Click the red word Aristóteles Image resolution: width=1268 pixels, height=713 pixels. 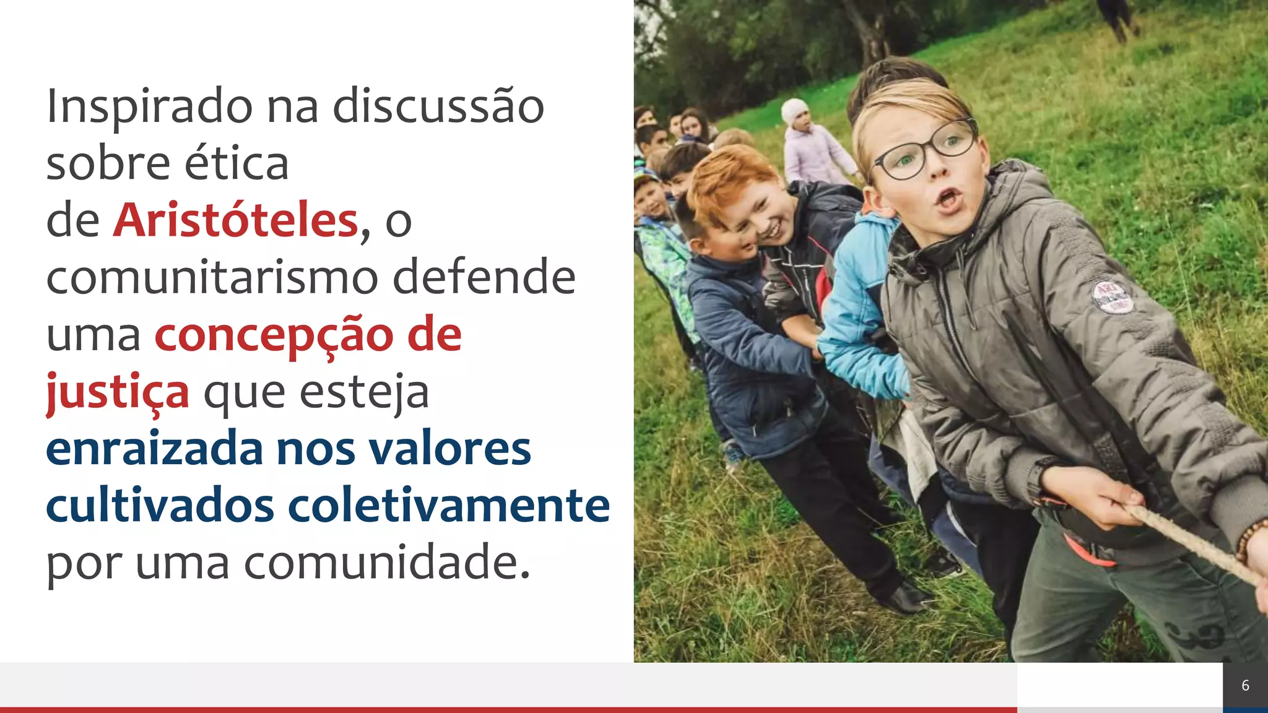(236, 220)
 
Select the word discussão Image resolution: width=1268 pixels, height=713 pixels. (438, 106)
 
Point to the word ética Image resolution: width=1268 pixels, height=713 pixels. (237, 163)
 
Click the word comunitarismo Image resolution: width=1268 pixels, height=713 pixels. (212, 278)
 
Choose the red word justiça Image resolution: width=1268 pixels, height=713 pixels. (118, 392)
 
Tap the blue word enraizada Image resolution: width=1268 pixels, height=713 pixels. (155, 449)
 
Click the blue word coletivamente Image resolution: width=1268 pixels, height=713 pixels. (449, 506)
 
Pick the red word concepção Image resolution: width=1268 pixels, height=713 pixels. (273, 335)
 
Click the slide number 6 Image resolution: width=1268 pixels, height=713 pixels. (1245, 685)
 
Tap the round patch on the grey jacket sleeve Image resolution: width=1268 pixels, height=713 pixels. (1112, 296)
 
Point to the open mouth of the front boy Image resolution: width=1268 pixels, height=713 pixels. (948, 199)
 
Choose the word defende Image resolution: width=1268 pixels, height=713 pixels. (484, 278)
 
